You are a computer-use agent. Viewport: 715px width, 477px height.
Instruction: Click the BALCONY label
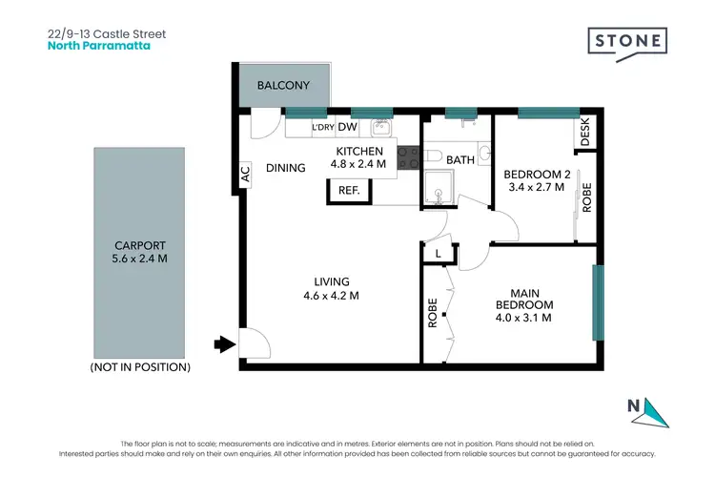coord(283,86)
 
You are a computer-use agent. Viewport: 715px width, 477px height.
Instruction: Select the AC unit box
coord(244,175)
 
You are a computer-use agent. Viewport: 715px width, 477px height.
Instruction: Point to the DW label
coord(347,128)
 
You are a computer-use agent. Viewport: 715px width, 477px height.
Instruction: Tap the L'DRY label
coord(322,128)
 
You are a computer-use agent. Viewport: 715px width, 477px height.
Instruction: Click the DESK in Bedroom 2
coord(585,133)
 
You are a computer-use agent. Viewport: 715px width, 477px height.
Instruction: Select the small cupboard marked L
coord(437,253)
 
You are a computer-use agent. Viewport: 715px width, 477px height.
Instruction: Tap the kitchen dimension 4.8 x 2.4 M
coord(358,164)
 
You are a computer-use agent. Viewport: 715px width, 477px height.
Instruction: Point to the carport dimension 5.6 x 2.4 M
coord(140,258)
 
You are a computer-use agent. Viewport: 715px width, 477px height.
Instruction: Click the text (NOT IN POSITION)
coord(140,366)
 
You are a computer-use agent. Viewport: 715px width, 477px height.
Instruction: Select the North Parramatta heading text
coord(99,44)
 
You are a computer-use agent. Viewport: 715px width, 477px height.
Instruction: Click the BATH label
coord(460,160)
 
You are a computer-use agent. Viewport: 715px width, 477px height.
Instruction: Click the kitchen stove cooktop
coord(409,157)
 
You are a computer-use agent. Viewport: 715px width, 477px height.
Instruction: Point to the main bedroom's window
coord(598,302)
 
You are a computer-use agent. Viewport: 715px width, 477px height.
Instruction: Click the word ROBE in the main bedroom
coord(433,313)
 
